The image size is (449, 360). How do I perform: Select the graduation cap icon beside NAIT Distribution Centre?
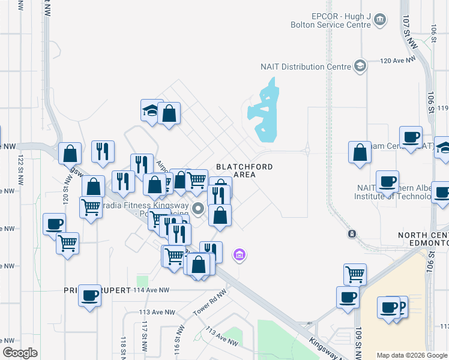[x=360, y=65]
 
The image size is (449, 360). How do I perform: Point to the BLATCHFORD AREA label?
[x=244, y=170]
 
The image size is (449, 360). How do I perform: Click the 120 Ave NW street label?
[x=399, y=61]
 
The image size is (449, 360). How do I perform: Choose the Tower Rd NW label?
[x=209, y=307]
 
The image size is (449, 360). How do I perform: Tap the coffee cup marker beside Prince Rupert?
[x=90, y=295]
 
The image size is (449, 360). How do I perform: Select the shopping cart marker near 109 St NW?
[x=355, y=274]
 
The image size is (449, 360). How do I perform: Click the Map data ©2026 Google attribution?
[x=412, y=355]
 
